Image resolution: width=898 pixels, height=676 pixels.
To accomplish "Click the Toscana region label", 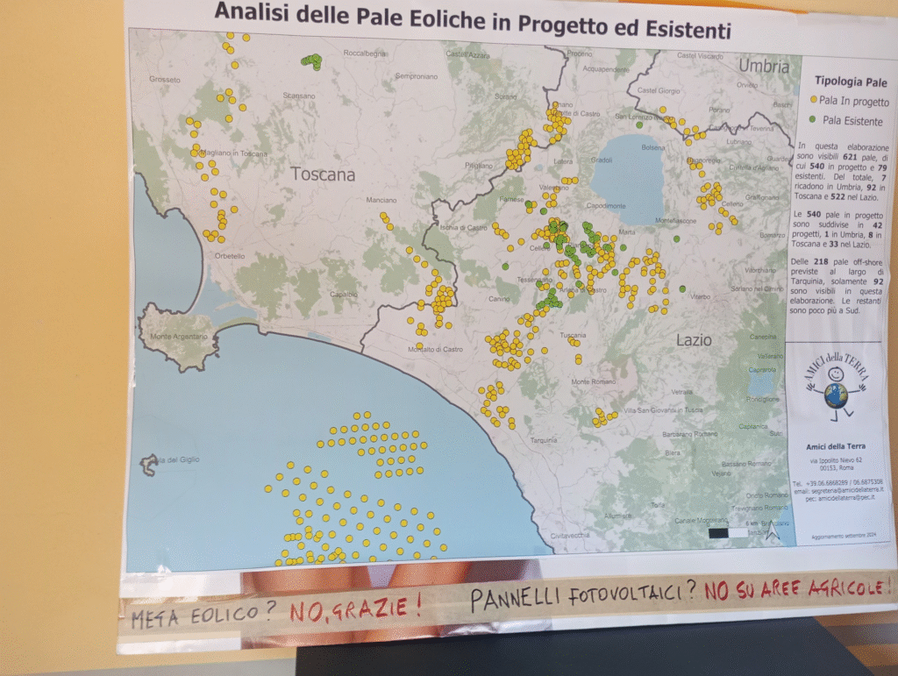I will click(324, 174).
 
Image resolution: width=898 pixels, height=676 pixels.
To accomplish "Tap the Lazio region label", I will click(694, 339).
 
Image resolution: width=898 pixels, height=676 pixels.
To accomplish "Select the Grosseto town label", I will click(165, 80).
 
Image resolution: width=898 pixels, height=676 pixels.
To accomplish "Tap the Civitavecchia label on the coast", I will click(570, 534).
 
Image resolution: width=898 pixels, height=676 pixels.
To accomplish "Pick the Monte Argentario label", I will click(180, 337).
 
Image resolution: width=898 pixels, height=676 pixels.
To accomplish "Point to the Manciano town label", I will click(381, 200).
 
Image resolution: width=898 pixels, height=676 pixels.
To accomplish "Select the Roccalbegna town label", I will click(365, 53).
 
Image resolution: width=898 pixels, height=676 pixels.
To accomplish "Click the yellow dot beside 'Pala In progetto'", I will click(813, 101).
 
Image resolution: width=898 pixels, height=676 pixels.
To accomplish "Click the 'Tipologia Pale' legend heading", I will click(851, 82).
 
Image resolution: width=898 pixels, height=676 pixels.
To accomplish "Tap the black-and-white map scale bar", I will click(729, 531).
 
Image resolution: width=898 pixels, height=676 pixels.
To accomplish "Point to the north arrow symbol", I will click(771, 530).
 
